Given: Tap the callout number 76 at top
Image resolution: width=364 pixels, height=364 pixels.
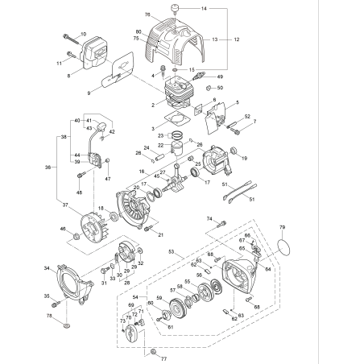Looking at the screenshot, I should [147, 15].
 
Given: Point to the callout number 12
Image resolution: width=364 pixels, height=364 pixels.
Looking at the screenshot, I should [237, 39].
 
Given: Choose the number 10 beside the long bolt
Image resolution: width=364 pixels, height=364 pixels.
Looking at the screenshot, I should [83, 34].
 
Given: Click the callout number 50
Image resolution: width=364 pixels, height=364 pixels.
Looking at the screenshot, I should [221, 88].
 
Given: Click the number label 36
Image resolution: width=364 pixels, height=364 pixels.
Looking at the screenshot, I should [48, 168].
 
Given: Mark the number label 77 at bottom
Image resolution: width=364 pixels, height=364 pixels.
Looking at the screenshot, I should [163, 354].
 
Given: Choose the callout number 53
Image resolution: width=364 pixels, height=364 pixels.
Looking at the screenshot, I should [171, 252].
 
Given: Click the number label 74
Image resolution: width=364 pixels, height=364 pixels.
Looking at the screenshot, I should [209, 218].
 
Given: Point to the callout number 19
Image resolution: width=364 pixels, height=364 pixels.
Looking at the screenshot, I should [243, 159].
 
